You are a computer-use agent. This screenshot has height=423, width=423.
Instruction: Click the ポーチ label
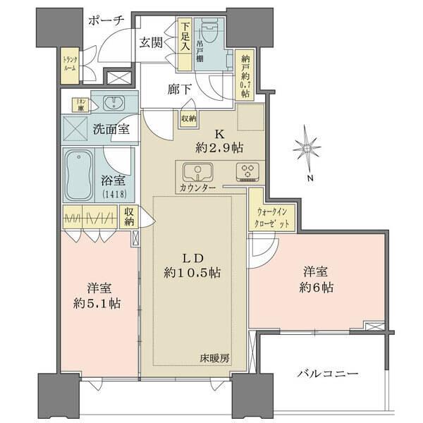pos(106,20)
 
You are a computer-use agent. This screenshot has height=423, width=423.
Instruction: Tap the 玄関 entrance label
pos(152,42)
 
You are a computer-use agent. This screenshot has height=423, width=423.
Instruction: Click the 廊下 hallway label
pos(177,91)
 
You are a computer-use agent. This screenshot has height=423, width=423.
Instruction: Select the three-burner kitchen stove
pos(247,171)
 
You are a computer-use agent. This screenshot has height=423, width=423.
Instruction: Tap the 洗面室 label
pos(111,129)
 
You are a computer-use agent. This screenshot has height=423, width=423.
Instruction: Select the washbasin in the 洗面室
pos(112,104)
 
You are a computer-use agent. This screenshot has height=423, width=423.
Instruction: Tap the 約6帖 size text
pos(317,287)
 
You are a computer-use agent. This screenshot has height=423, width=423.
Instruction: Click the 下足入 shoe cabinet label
pos(185,36)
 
